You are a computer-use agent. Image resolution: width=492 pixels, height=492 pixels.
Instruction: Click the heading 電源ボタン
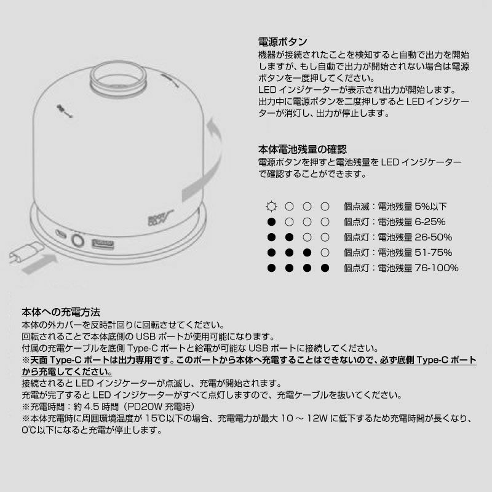click(x=282, y=42)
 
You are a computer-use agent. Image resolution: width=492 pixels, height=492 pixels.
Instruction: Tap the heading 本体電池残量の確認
click(x=303, y=149)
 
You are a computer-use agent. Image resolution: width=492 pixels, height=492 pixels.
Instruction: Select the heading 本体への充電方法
click(x=61, y=312)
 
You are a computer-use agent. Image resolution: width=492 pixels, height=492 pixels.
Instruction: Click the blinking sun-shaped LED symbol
click(x=271, y=207)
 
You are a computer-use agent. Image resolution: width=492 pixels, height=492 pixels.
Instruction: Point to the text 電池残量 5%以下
click(x=412, y=207)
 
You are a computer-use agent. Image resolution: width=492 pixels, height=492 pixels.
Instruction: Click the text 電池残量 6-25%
click(x=411, y=222)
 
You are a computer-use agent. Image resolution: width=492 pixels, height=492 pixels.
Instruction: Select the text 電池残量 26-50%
click(x=415, y=237)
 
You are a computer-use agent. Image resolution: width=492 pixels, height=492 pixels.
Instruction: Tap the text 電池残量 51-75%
click(x=415, y=253)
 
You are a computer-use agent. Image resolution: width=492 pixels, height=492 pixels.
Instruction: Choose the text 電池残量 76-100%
click(x=418, y=268)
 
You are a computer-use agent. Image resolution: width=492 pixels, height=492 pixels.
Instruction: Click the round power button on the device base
click(x=77, y=241)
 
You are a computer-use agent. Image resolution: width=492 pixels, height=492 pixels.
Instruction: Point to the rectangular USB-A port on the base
click(x=103, y=244)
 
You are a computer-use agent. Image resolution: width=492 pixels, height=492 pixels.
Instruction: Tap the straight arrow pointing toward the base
click(x=40, y=264)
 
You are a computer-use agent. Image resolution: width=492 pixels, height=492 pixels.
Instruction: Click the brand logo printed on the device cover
click(x=160, y=218)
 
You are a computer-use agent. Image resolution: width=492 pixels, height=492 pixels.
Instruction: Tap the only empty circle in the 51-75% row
click(x=325, y=253)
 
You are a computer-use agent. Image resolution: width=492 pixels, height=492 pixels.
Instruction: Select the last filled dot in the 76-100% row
click(x=325, y=268)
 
